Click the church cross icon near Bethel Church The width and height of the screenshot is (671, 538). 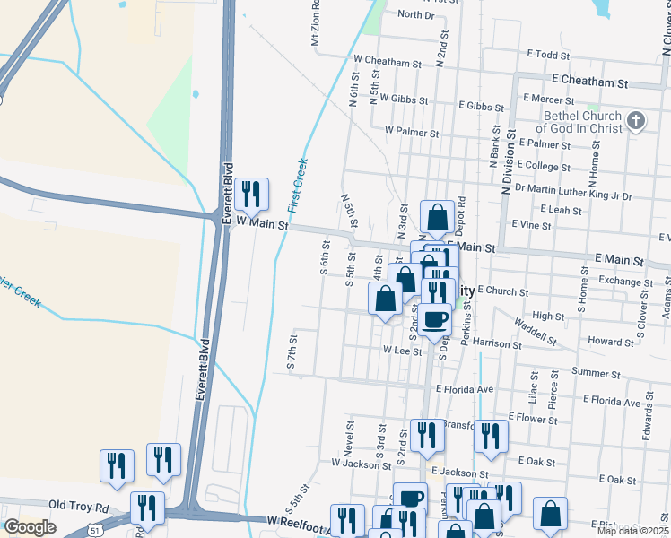636,120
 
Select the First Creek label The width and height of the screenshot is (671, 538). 298,185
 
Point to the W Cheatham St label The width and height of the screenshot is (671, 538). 388,64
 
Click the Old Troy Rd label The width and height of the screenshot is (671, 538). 78,508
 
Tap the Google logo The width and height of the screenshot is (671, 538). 30,527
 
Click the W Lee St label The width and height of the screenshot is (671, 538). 402,351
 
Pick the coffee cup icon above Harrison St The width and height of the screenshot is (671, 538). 436,319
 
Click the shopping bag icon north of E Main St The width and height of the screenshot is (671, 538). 437,216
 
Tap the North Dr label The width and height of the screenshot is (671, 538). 415,15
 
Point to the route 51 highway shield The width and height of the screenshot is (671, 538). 94,530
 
